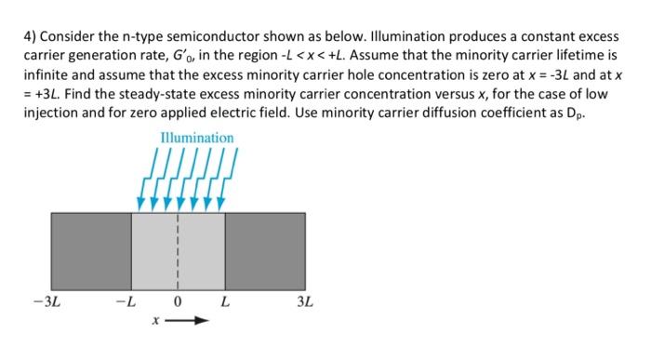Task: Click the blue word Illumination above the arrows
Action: (197, 138)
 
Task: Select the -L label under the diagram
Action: (124, 302)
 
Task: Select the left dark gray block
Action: (90, 251)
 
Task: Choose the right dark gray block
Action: (265, 251)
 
